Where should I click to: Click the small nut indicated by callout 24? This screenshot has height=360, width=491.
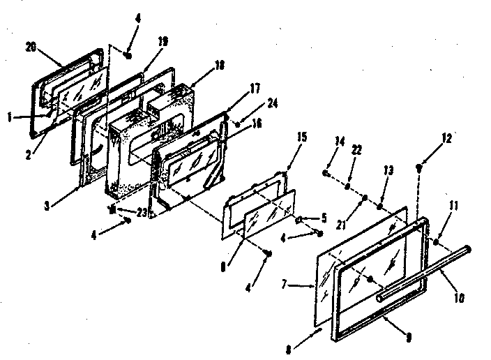(x=238, y=123)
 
